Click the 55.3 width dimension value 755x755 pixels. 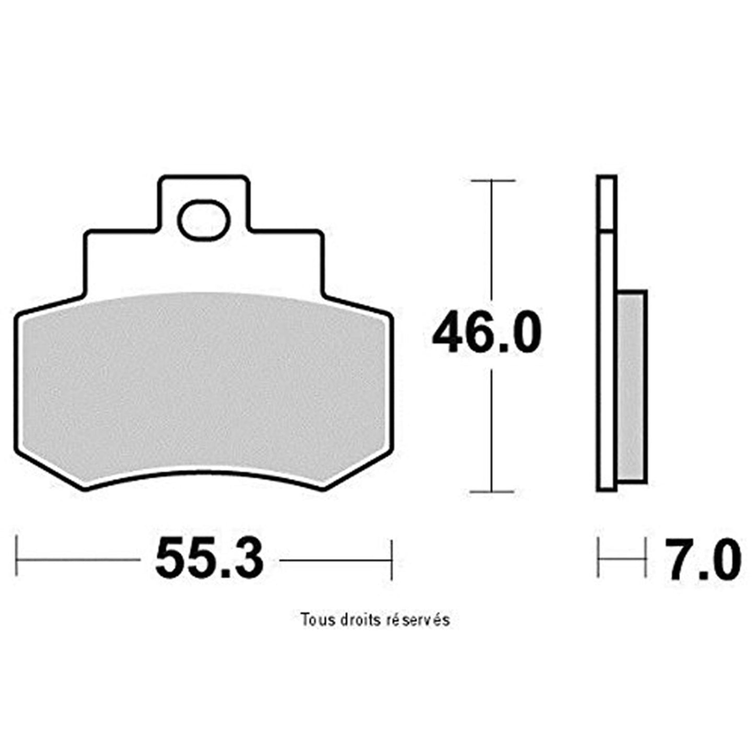(209, 559)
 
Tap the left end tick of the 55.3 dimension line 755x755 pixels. (18, 559)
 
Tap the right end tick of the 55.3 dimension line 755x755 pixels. (391, 559)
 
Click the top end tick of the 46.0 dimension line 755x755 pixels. (492, 180)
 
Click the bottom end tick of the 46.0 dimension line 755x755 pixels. (492, 491)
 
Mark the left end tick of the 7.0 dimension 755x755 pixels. (598, 559)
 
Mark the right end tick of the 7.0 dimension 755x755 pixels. (646, 559)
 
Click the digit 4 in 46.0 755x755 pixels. (449, 333)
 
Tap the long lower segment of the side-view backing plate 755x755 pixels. (607, 361)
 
